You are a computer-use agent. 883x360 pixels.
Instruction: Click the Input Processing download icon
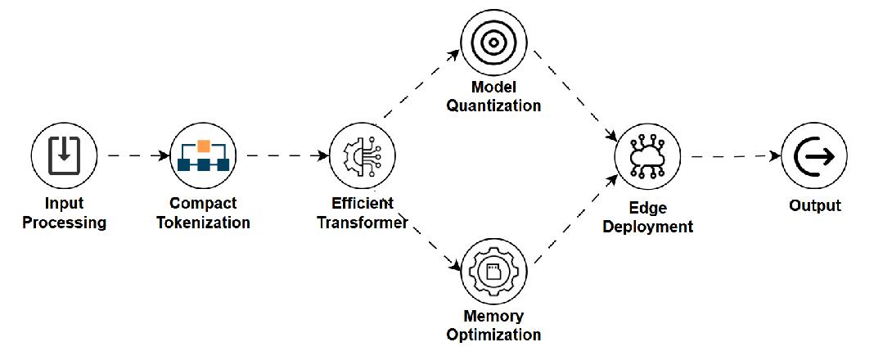[x=64, y=155]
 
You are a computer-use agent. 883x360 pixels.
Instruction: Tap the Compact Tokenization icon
[x=203, y=155]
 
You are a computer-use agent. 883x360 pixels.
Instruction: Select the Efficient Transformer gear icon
[x=362, y=156]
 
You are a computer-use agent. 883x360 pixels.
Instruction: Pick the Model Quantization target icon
[x=493, y=42]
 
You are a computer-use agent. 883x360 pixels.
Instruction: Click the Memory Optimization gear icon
[x=493, y=271]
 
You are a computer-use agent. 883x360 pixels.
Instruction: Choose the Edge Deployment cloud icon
[x=647, y=156]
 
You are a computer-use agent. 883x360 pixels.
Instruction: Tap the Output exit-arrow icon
[x=814, y=156]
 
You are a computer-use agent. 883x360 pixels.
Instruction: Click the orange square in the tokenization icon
[x=203, y=146]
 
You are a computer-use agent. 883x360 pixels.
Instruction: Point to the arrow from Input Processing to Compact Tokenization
[x=138, y=155]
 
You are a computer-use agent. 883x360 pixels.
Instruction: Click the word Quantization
[x=493, y=106]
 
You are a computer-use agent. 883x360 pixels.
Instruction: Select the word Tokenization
[x=203, y=222]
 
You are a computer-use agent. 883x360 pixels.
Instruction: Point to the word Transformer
[x=362, y=222]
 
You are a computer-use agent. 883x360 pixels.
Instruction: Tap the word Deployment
[x=647, y=227]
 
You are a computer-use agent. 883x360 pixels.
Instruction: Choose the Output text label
[x=815, y=205]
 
